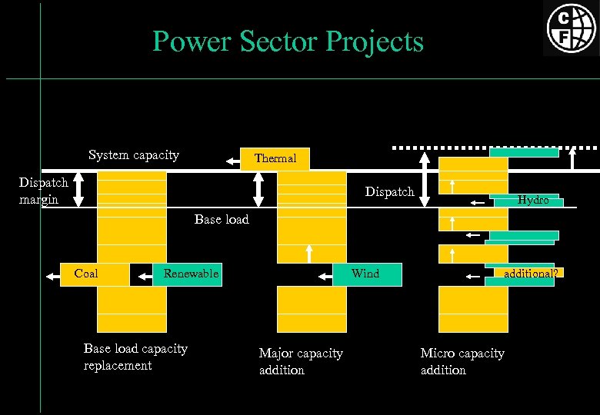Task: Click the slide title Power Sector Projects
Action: [x=288, y=41]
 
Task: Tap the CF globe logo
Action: [x=570, y=28]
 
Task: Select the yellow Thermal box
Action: [x=275, y=158]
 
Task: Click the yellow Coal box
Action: [x=86, y=274]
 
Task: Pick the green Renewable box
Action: [x=188, y=274]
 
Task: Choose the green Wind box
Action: [x=366, y=274]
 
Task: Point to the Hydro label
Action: [x=533, y=199]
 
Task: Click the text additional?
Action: [x=530, y=273]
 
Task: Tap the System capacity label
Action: [x=134, y=155]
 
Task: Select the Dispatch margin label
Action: [x=44, y=191]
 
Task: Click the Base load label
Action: [x=222, y=220]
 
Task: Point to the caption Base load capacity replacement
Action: [x=135, y=357]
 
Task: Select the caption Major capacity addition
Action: [x=301, y=361]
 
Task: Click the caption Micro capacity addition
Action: [x=462, y=361]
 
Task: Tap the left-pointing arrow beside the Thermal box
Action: [x=232, y=161]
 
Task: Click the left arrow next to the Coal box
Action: [x=52, y=274]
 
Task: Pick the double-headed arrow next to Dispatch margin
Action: [x=81, y=189]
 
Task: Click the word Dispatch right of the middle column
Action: [x=389, y=191]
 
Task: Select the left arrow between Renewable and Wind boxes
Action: [x=322, y=274]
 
